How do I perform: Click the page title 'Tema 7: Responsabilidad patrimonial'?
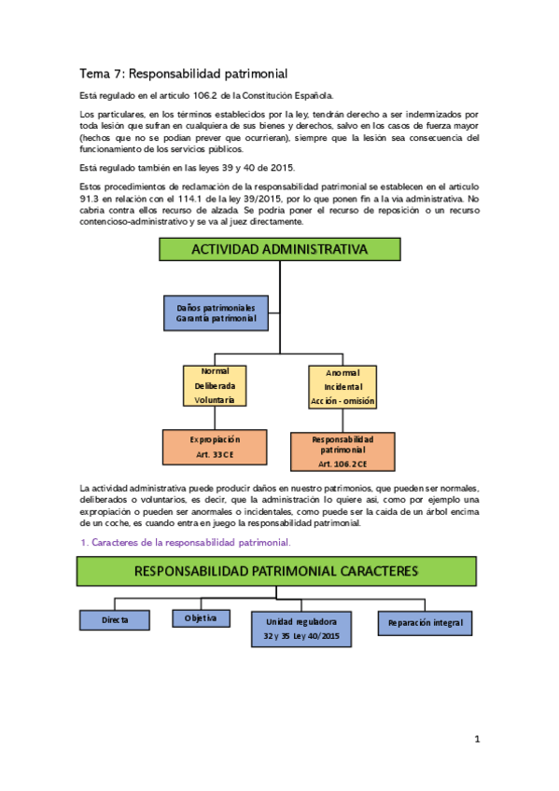(182, 73)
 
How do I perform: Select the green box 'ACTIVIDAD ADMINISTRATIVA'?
(279, 249)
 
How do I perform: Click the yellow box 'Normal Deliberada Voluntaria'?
(215, 385)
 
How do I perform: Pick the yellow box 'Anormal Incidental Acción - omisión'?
(342, 386)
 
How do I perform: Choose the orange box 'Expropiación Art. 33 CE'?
(215, 447)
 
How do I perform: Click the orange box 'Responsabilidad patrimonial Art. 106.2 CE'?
(342, 451)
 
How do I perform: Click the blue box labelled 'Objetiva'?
(201, 618)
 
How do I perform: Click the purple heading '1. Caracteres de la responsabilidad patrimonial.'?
(186, 542)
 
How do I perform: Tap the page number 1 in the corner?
(476, 740)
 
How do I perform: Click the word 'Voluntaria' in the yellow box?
(215, 400)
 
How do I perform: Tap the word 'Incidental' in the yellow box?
(342, 386)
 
